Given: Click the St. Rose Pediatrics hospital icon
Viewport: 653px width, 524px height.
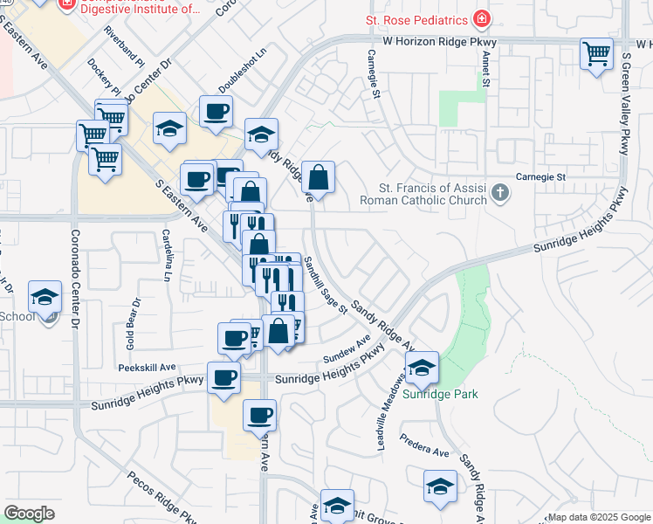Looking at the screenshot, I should point(480,19).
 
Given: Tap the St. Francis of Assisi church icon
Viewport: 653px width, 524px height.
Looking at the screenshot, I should point(500,191).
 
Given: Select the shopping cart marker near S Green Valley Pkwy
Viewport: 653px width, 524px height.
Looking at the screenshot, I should point(596,54).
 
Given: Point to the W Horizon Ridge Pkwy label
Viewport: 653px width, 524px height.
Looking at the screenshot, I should point(439,42).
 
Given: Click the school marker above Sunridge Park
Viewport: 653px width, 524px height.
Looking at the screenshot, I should point(422,368).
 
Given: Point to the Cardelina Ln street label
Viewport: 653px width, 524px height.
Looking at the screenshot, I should point(165,255).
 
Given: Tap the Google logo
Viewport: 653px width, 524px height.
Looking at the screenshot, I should point(29,514).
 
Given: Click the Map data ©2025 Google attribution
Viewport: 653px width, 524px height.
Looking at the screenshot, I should point(599,517).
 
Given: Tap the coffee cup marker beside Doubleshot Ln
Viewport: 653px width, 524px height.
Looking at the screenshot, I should point(216,111).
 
